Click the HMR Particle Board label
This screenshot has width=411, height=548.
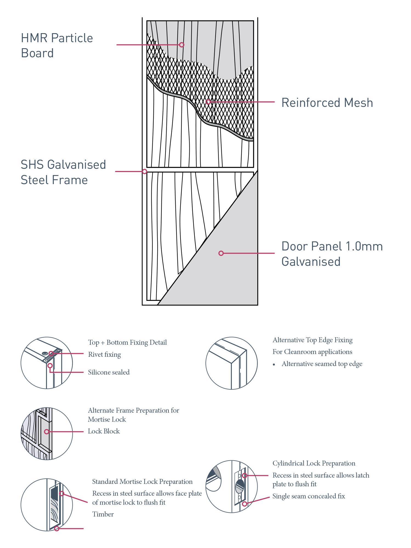tap(57, 45)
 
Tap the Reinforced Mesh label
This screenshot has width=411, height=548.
tap(327, 103)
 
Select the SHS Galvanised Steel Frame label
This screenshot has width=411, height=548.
tap(63, 172)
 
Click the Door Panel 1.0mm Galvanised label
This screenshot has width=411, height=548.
tap(332, 254)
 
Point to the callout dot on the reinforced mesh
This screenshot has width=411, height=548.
tap(208, 102)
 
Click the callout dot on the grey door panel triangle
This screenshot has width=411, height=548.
tap(221, 253)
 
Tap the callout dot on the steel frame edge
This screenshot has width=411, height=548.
tap(145, 172)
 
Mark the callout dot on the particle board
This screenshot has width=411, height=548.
tap(182, 45)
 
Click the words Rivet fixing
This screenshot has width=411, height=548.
tap(104, 355)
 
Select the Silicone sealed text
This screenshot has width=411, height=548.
tap(109, 372)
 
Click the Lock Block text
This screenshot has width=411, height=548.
tap(104, 431)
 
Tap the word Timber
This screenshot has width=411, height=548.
tap(103, 514)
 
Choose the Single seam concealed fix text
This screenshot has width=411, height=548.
tap(309, 496)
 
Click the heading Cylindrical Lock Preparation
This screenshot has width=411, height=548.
tap(314, 463)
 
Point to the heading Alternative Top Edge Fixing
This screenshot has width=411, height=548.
tap(312, 340)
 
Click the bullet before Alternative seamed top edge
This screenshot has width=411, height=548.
tap(274, 364)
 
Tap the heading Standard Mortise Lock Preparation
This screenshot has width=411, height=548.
tap(142, 482)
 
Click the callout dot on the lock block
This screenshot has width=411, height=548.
tap(47, 432)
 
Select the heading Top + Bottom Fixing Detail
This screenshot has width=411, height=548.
tap(127, 342)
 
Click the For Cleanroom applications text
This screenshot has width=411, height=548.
tap(312, 352)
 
